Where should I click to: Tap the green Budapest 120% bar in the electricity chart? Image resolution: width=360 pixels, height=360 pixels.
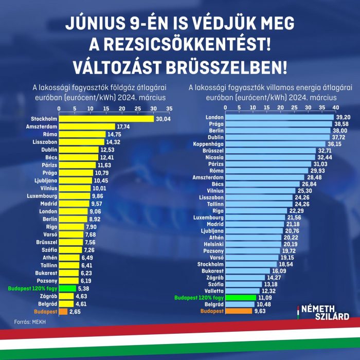241,297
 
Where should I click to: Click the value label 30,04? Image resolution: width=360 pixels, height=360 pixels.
163,119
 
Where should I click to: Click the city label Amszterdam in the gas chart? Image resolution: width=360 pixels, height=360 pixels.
42,127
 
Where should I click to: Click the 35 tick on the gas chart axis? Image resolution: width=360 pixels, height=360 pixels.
169,109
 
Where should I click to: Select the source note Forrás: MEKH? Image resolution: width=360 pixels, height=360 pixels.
30,322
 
